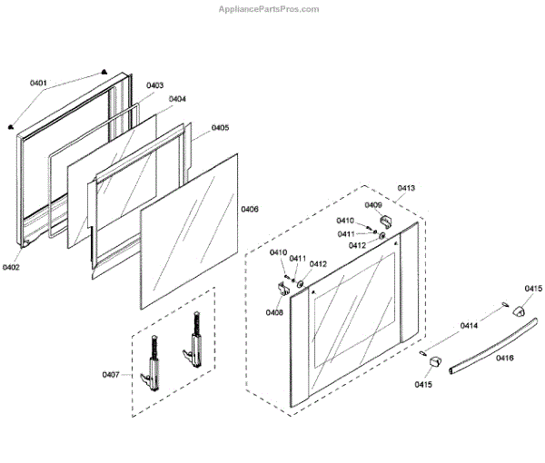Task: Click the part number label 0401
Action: point(38,83)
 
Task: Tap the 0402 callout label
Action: point(11,268)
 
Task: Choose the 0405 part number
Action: point(220,128)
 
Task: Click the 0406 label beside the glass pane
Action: point(250,210)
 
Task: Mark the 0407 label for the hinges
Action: point(111,373)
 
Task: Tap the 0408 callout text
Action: point(274,312)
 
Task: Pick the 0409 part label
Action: point(373,205)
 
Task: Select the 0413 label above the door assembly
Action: point(406,188)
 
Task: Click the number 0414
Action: point(469,325)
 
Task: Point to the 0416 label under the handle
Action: point(505,358)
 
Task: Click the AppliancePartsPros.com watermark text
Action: point(269,9)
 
